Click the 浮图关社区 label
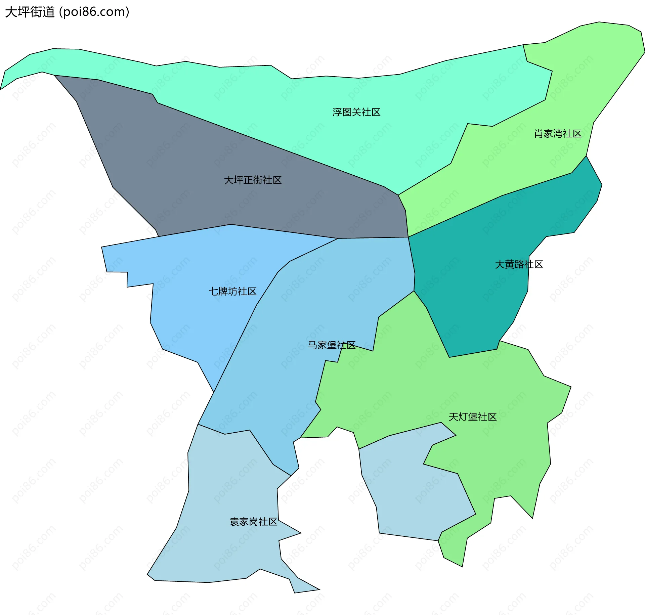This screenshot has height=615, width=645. pyautogui.click(x=356, y=112)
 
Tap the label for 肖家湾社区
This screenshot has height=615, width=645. pyautogui.click(x=558, y=134)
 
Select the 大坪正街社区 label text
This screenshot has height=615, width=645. pyautogui.click(x=253, y=180)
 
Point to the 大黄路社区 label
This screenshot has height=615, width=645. pyautogui.click(x=519, y=264)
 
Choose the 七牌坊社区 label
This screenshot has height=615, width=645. pyautogui.click(x=232, y=291)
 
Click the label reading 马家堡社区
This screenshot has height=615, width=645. pyautogui.click(x=332, y=345)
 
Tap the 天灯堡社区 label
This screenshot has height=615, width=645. pyautogui.click(x=472, y=417)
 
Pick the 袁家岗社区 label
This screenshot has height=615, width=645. pyautogui.click(x=253, y=522)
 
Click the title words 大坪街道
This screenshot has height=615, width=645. pyautogui.click(x=30, y=12)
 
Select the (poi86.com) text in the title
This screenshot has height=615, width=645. pyautogui.click(x=94, y=12)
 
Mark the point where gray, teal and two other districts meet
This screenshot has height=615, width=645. pyautogui.click(x=408, y=237)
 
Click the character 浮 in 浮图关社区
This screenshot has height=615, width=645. pyautogui.click(x=337, y=112)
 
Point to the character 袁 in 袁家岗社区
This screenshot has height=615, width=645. pyautogui.click(x=234, y=522)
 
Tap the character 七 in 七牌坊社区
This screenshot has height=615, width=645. pyautogui.click(x=213, y=291)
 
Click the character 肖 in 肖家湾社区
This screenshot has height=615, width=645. pyautogui.click(x=539, y=134)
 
